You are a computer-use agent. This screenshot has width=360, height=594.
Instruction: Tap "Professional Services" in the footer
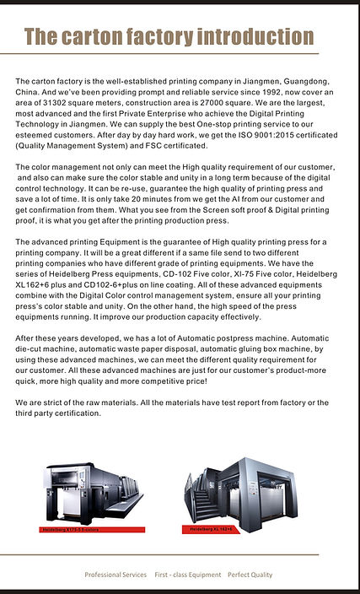point(116,575)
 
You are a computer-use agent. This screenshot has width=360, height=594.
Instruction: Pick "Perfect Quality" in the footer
point(250,575)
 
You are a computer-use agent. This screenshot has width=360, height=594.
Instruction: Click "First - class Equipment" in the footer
point(187,575)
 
